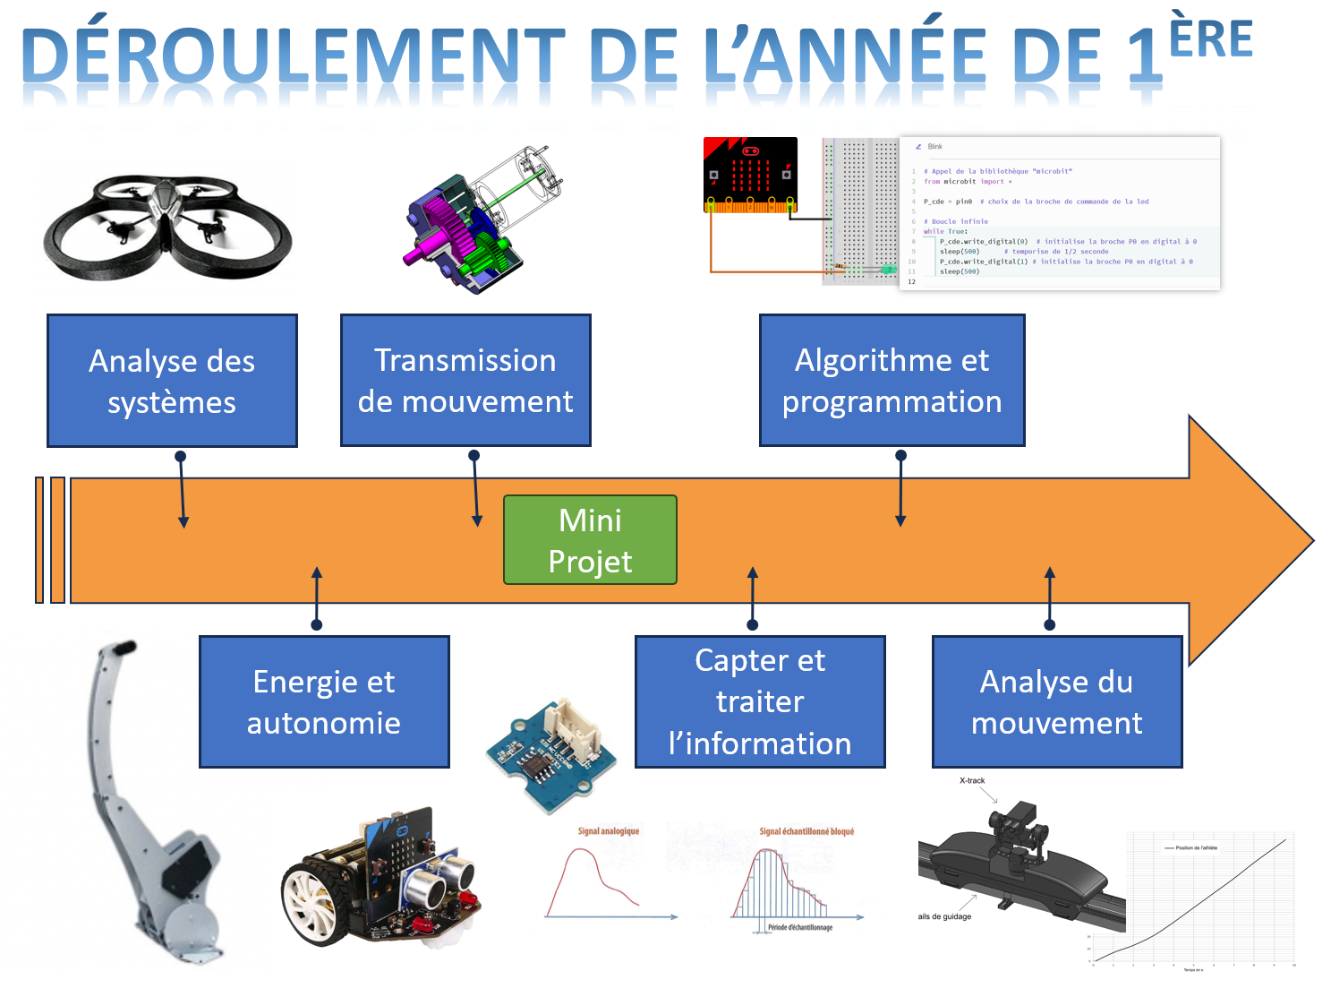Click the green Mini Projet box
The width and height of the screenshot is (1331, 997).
coord(590,540)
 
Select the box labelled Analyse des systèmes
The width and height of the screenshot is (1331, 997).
coord(172,381)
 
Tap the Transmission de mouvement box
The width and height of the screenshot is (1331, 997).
coord(465,380)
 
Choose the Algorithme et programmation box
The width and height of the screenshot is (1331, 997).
coord(892,380)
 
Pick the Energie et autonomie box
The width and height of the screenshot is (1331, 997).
coord(324,701)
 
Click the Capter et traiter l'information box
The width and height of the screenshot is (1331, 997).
coord(760,701)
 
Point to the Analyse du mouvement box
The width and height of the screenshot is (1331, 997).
coord(1057,701)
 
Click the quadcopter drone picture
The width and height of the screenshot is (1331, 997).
coord(167,226)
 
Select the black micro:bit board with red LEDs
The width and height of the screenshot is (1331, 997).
coord(750,175)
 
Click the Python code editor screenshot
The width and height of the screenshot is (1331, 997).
coord(1060,213)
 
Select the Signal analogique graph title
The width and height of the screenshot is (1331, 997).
coord(609,831)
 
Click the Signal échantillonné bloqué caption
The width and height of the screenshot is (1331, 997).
coord(806,831)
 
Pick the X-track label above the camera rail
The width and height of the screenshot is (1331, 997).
coord(972,780)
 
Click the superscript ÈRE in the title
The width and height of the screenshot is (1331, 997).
coord(1210,39)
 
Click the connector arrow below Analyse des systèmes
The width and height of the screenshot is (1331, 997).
coord(183,490)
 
